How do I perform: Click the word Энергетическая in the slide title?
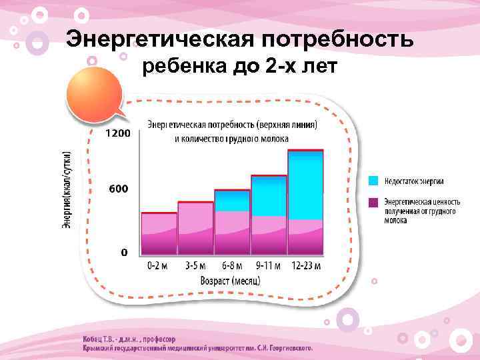coord(159,39)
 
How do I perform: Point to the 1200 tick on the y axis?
coord(117,133)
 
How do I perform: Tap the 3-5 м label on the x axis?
coord(195,265)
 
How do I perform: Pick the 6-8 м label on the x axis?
coord(231,265)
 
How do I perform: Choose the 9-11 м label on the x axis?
coord(268,265)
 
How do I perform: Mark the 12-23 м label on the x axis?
coord(305,265)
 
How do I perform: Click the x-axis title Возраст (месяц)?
coord(230,280)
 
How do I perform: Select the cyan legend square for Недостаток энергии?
coord(374,181)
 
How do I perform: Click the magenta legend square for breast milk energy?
coord(374,201)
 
